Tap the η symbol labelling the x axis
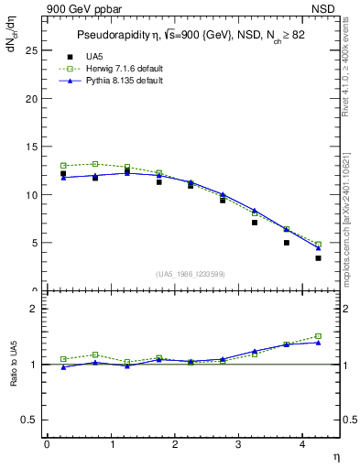[335, 455]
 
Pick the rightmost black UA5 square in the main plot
[318, 258]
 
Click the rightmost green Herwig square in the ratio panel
[318, 336]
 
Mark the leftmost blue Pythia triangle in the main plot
[63, 178]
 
